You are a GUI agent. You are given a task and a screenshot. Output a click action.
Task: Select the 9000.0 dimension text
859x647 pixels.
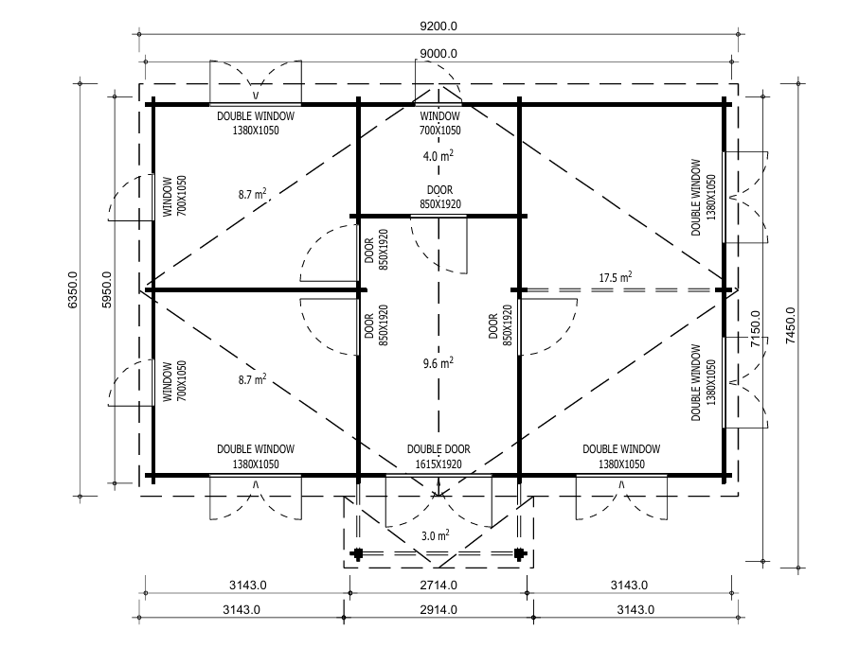(x=438, y=53)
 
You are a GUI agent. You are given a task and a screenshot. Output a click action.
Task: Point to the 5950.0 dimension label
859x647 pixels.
(x=107, y=292)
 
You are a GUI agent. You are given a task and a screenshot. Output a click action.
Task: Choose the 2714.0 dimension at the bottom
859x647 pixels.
(x=438, y=584)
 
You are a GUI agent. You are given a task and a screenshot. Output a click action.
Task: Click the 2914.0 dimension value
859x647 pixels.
(x=438, y=610)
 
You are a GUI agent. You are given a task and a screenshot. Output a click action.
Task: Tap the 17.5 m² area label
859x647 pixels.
(x=616, y=277)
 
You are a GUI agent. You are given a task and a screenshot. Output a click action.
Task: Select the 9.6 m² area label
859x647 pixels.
(x=438, y=361)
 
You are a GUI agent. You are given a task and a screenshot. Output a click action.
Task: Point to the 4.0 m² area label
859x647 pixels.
(x=438, y=155)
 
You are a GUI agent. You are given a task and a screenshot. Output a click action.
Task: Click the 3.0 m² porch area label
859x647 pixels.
(x=435, y=535)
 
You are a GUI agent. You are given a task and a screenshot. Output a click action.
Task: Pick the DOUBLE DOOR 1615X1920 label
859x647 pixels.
(x=438, y=457)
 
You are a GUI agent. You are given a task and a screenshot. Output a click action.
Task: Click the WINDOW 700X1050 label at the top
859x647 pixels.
(x=439, y=123)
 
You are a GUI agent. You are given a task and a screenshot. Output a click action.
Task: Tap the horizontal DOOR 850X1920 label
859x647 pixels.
(x=439, y=197)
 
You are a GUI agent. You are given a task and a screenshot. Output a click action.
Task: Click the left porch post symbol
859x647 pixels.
(x=357, y=554)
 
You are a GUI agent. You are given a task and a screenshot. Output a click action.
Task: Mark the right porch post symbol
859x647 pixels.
(x=519, y=554)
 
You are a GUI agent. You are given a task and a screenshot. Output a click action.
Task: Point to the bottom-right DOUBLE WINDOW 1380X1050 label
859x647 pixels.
(x=621, y=457)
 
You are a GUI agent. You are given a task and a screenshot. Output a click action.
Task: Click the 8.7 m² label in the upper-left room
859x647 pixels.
(x=252, y=194)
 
